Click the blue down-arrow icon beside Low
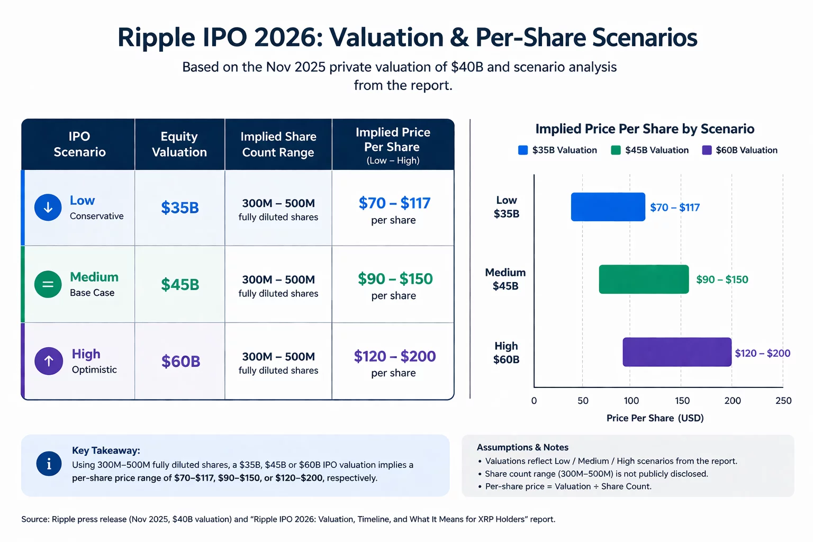(48, 207)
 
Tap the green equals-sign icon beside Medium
(48, 284)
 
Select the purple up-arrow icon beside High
(49, 361)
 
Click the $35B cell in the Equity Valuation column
(180, 207)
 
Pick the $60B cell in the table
(180, 362)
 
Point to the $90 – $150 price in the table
(395, 279)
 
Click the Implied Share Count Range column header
(278, 144)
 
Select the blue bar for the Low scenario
(608, 207)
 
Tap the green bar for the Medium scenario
(644, 279)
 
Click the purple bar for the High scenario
(677, 352)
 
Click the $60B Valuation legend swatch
(707, 150)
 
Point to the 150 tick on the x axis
(682, 401)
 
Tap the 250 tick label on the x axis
(783, 401)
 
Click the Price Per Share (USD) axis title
(655, 418)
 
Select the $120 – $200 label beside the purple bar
(762, 353)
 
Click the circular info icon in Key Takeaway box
(49, 464)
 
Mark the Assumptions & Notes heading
(522, 447)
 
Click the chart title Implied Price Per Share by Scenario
(645, 129)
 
